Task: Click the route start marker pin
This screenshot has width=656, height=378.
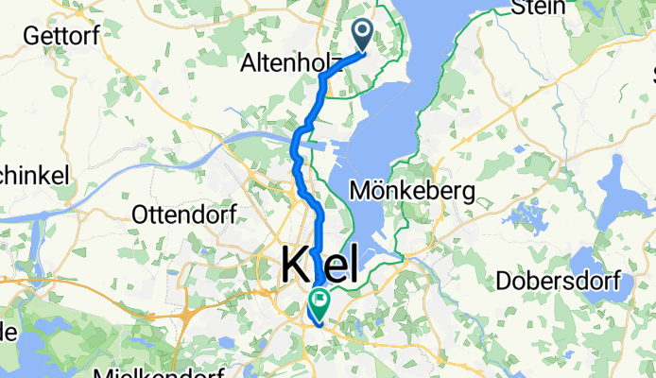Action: point(364,35)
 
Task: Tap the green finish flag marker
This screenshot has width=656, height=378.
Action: point(319,304)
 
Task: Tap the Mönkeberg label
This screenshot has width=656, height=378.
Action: point(412,190)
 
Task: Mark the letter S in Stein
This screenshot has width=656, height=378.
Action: point(519,9)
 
